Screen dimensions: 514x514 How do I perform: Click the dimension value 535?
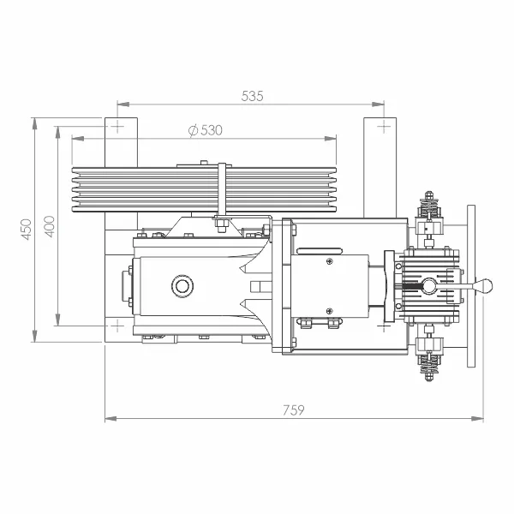click(x=252, y=96)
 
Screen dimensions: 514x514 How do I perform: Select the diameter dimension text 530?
click(x=212, y=130)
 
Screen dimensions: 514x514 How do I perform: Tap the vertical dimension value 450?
click(x=27, y=229)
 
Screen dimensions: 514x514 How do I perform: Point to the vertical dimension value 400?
click(x=49, y=226)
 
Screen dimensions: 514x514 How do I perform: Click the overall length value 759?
click(x=294, y=410)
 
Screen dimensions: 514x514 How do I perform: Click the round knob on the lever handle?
click(x=483, y=286)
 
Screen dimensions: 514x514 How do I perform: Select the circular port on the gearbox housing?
click(x=182, y=286)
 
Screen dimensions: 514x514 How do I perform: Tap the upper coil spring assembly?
click(x=428, y=205)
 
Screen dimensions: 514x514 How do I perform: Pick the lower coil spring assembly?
click(x=428, y=367)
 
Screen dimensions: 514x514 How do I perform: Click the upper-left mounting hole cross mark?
click(x=117, y=126)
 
